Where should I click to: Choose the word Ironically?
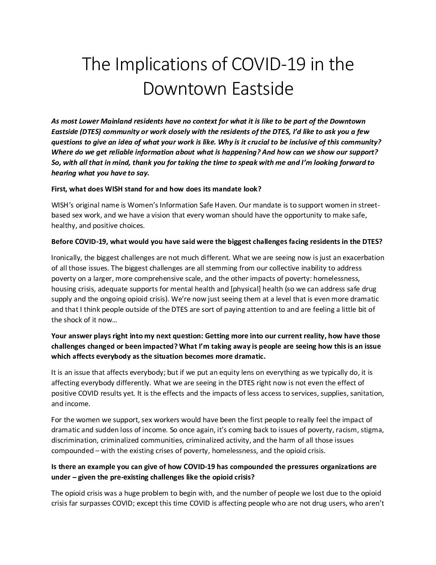coord(67,257)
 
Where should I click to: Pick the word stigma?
coord(372,430)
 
